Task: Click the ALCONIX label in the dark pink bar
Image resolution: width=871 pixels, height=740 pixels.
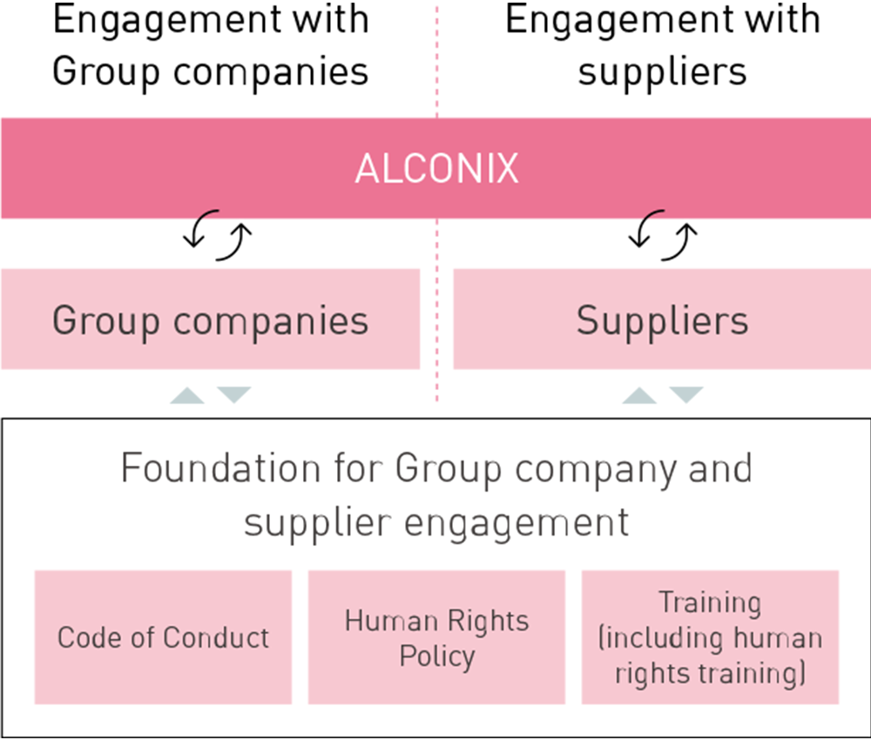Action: click(435, 169)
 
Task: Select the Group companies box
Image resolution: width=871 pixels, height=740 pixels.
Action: click(210, 320)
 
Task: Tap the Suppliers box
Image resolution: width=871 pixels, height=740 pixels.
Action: click(662, 320)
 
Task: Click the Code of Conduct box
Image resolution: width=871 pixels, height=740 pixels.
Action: click(163, 637)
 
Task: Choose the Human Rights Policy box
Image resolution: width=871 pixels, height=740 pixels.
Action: click(436, 637)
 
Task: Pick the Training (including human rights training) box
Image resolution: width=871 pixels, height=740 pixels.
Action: click(710, 637)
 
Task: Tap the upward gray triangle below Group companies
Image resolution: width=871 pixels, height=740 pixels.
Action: click(186, 396)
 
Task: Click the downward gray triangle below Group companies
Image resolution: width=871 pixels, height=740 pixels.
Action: click(233, 394)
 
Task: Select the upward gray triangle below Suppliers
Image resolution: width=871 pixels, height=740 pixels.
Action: click(639, 396)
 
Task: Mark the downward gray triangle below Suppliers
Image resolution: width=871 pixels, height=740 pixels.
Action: click(686, 394)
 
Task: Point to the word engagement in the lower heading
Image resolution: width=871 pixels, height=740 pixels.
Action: click(508, 523)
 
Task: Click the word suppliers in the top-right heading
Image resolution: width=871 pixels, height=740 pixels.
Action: click(662, 71)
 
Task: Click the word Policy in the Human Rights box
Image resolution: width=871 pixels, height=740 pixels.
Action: click(436, 655)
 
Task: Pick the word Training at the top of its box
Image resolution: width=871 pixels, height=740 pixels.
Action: click(710, 602)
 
